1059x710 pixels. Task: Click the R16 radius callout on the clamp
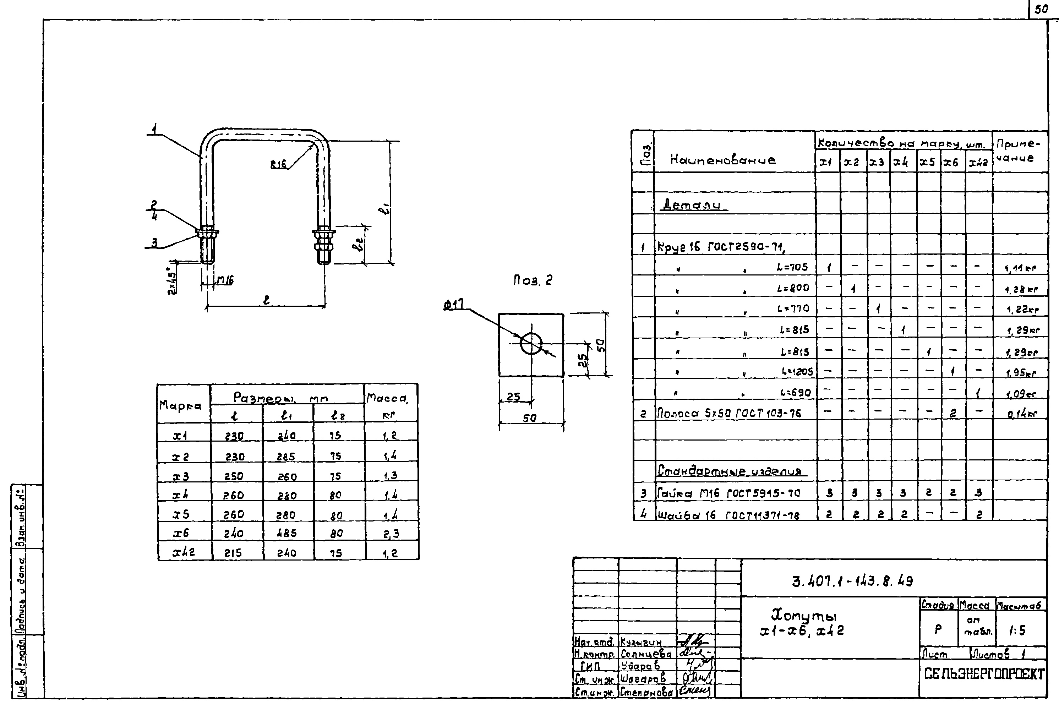click(x=278, y=165)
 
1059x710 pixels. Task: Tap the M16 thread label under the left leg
click(x=225, y=280)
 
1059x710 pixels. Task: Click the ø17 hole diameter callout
click(x=453, y=306)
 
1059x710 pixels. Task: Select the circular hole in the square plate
click(x=531, y=344)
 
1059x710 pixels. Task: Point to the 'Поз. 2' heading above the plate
click(x=533, y=280)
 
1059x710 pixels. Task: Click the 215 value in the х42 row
click(x=233, y=553)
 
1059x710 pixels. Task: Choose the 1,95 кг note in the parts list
click(x=1021, y=373)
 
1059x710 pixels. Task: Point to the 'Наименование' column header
click(x=723, y=160)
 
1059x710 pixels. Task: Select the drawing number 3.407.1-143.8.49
click(x=852, y=581)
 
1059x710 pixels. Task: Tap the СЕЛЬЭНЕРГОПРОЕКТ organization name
click(x=984, y=674)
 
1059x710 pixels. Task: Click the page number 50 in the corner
click(x=1041, y=10)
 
